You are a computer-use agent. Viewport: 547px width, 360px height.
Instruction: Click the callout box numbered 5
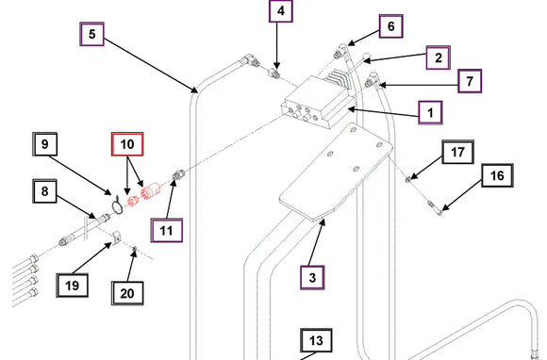coord(92,34)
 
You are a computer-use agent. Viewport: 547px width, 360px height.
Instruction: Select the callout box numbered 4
coord(281,10)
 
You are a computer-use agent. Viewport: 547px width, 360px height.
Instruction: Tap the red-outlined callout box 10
coord(127,144)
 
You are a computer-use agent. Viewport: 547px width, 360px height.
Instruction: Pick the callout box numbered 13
coord(316,340)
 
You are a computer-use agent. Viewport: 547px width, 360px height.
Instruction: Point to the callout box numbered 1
coord(430,112)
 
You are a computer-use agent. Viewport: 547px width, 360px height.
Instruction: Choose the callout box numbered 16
coord(497,175)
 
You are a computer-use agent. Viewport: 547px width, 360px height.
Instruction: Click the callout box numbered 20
coord(127,293)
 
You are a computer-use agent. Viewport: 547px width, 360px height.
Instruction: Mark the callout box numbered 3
coord(312,277)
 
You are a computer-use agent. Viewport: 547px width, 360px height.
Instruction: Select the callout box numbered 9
coord(44,144)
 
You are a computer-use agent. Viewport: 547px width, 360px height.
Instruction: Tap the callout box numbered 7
coord(470,81)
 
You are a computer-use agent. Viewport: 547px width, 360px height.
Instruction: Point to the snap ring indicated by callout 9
coord(117,205)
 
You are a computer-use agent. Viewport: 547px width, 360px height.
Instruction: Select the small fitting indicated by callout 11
coord(178,174)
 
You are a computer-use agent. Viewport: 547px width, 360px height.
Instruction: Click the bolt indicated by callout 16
coord(435,207)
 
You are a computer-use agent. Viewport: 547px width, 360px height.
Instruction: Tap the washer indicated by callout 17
coord(407,179)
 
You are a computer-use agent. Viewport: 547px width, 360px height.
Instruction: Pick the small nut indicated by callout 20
coord(134,248)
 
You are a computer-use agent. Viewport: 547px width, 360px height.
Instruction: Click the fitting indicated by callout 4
coord(273,74)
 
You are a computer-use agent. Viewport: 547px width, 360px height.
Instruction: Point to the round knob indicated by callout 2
coord(366,56)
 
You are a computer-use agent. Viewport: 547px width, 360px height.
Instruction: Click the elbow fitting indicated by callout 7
coord(373,80)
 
